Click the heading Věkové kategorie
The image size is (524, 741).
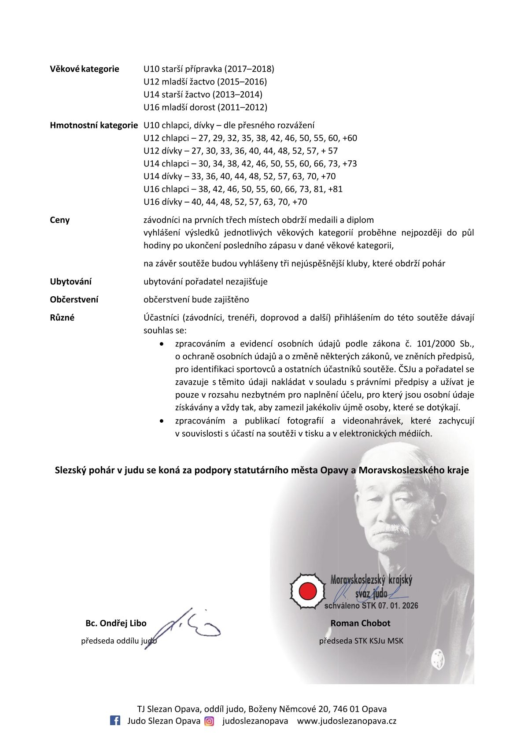85,69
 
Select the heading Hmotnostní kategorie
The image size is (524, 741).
94,125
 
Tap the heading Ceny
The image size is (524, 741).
60,220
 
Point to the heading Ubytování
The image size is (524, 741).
71,282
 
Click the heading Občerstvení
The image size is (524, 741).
74,300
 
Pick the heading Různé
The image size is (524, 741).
62,318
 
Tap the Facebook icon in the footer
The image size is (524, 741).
115,721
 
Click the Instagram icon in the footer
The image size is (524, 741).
210,721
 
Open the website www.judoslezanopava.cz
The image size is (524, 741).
347,721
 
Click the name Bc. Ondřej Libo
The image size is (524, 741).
116,623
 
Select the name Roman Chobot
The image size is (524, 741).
360,623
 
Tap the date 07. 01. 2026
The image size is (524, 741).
398,606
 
